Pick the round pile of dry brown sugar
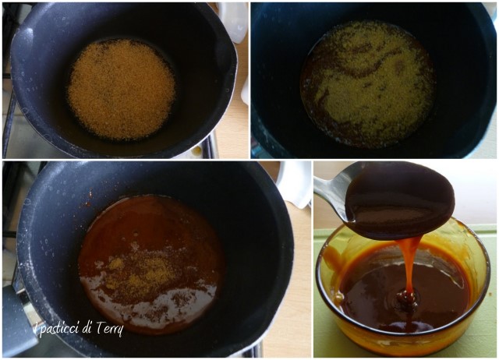pos(122,89)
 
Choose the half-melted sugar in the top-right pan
pos(368,83)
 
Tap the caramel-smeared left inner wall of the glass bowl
pos(331,270)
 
